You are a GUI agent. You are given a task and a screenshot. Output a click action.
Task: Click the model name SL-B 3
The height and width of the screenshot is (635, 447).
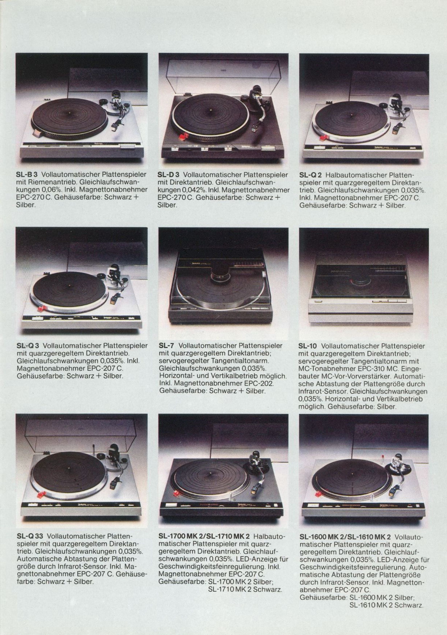click(x=28, y=175)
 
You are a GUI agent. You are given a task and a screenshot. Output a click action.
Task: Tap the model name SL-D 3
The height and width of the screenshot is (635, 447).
click(x=169, y=175)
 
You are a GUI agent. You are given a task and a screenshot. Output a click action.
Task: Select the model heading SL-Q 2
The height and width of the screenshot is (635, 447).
click(x=311, y=175)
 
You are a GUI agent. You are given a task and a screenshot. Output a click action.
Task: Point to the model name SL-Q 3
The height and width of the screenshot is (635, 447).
click(x=28, y=346)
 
